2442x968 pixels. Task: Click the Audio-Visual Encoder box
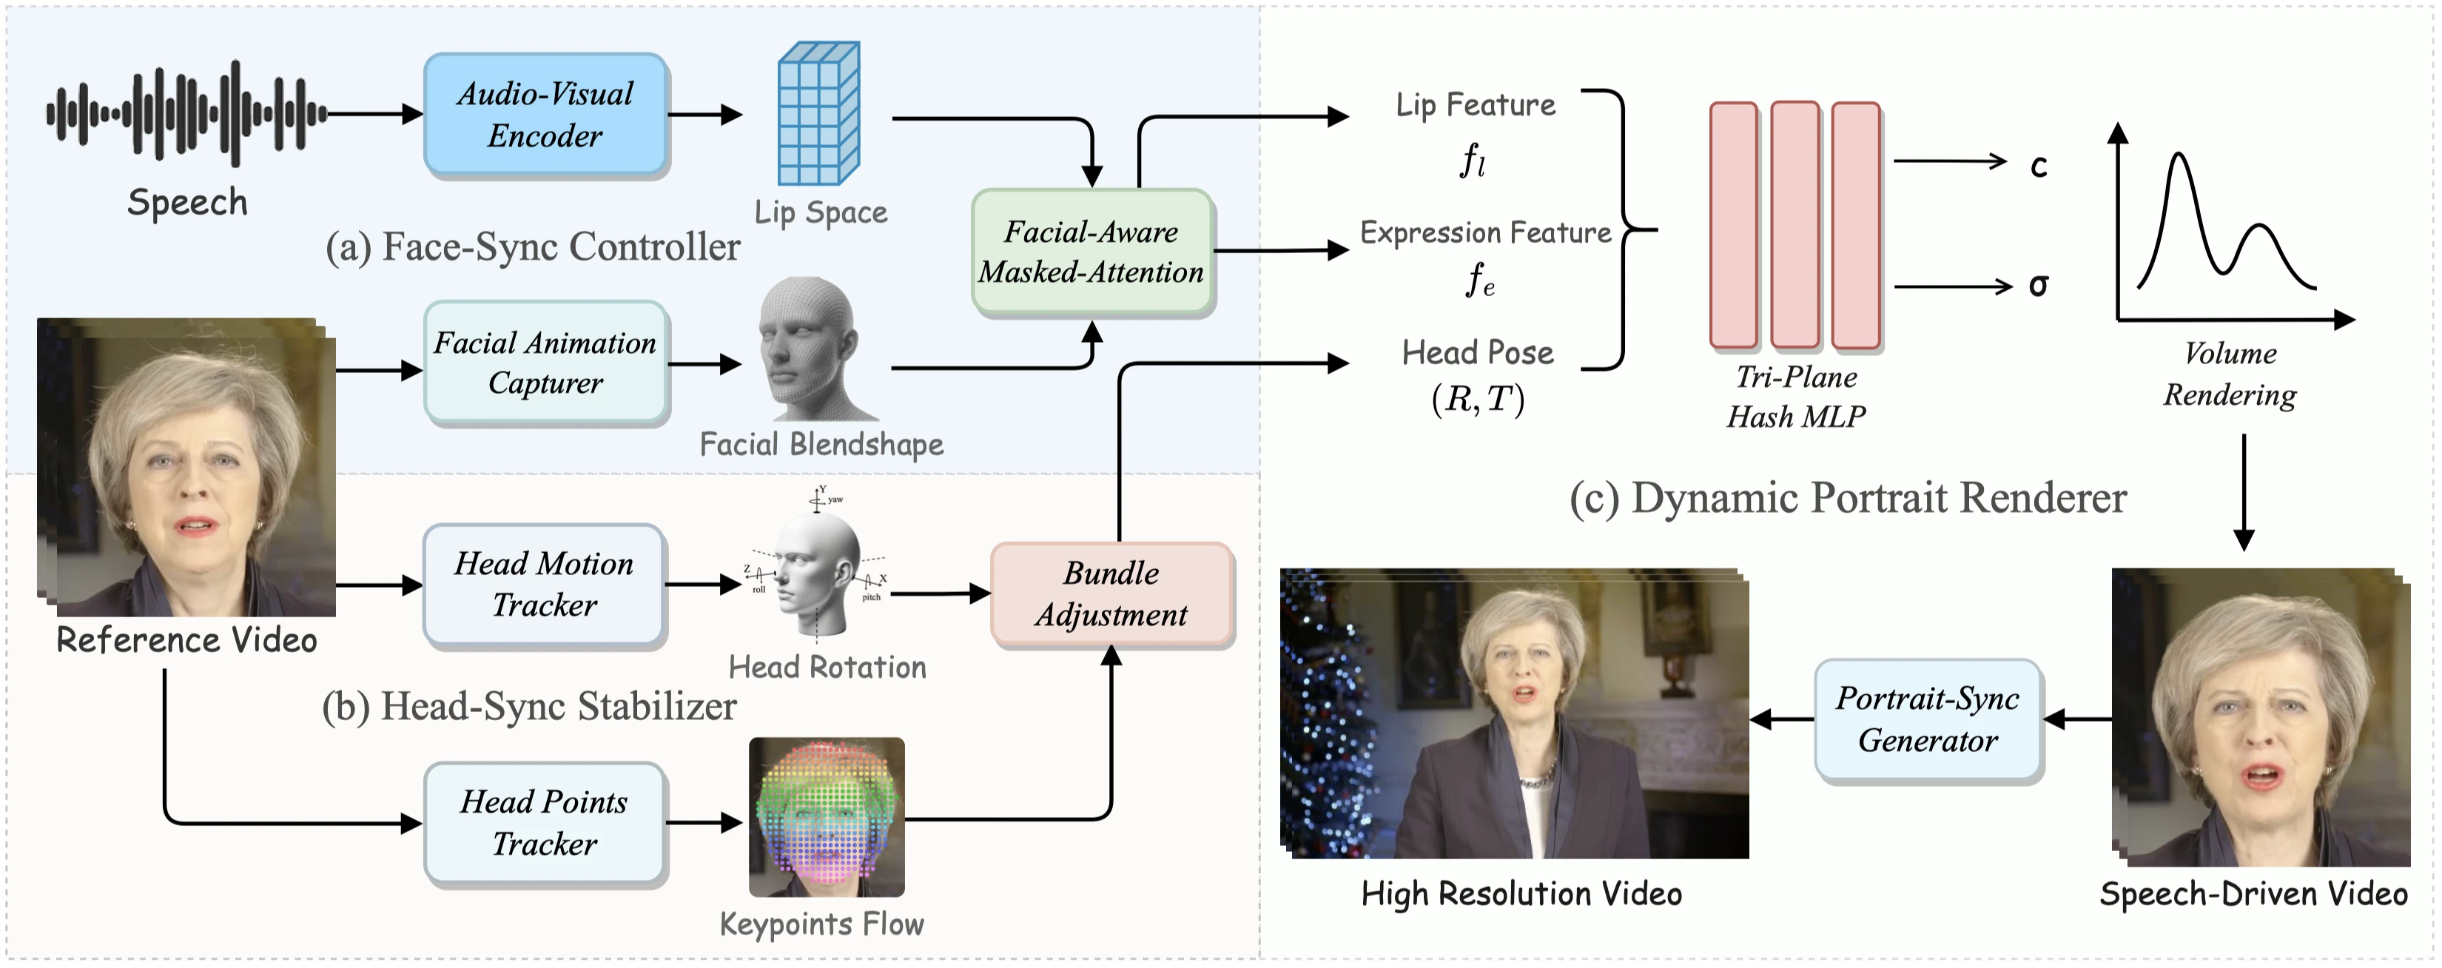pos(546,115)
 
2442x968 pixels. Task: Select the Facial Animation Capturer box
pos(546,362)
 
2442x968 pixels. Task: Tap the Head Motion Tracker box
pos(544,585)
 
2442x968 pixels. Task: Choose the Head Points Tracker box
pos(544,823)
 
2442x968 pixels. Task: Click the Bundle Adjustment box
pos(1112,594)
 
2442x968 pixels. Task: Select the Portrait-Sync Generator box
pos(1928,719)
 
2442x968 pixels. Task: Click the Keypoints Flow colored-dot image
pos(827,817)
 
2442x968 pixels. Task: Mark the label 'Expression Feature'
pos(1485,233)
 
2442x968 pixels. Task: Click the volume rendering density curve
pos(2226,222)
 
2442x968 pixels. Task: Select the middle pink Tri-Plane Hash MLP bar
pos(1795,226)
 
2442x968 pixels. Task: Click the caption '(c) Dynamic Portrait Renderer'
pos(1848,499)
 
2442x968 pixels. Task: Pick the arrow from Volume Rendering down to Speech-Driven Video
pos(2243,492)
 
